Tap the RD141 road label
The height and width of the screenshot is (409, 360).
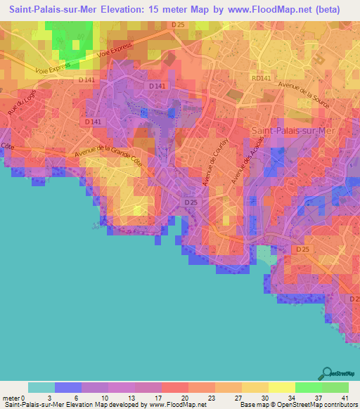[x=261, y=79]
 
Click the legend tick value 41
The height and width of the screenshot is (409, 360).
[x=345, y=397]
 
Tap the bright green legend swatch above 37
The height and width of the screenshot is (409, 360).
[x=309, y=387]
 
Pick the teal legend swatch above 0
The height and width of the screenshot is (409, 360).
[x=41, y=387]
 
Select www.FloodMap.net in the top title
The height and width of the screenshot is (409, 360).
[x=270, y=10]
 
